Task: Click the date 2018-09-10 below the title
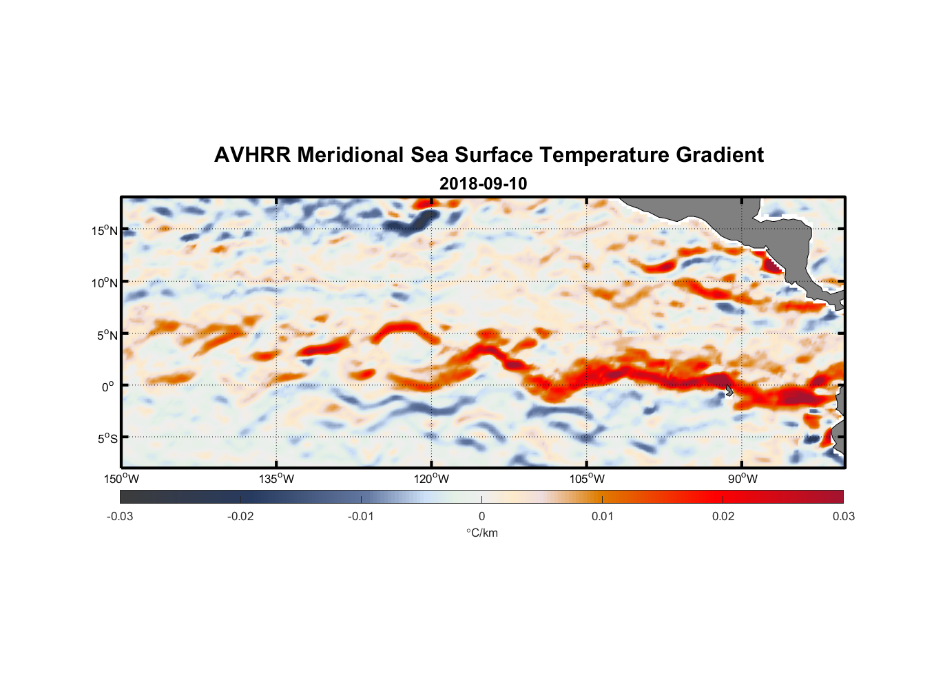coord(483,183)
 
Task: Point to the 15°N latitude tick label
coord(105,231)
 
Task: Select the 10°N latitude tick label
coord(105,282)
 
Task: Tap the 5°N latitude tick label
coord(107,335)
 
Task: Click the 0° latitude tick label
coord(108,387)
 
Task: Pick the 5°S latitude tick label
coord(107,438)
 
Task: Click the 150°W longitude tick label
coord(122,479)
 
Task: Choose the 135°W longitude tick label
coord(276,479)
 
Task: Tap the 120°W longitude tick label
coord(432,479)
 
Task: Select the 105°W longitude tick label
coord(587,479)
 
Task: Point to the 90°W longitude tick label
coord(742,479)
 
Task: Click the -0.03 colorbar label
coord(120,516)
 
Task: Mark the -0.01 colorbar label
coord(361,516)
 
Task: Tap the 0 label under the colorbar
coord(481,516)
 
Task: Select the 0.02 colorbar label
coord(723,516)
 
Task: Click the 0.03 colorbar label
coord(843,516)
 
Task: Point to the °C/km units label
coord(481,533)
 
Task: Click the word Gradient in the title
coord(719,155)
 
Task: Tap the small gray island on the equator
coord(729,391)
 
